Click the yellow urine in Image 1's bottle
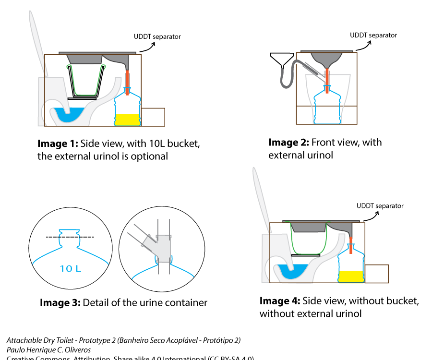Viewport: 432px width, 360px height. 127,120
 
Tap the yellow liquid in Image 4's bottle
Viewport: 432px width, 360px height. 351,276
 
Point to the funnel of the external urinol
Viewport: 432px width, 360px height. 280,61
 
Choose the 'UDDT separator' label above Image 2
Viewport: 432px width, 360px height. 373,35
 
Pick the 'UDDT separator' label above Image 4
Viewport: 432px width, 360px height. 380,206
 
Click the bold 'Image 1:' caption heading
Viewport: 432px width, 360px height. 58,144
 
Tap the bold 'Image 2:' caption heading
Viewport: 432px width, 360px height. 288,143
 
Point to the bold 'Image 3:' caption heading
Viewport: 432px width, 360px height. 60,303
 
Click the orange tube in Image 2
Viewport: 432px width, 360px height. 327,76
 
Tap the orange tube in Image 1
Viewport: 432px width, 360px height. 127,78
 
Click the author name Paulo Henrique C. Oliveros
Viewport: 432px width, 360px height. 48,350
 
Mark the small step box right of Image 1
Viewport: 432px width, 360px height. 153,117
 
